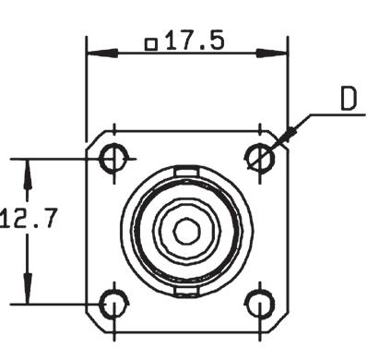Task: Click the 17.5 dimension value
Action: (195, 41)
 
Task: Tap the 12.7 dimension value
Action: (29, 218)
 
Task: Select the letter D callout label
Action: (349, 99)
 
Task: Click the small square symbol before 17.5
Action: (151, 44)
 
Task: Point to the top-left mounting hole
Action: (114, 159)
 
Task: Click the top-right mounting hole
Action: (260, 159)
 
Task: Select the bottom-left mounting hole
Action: (114, 305)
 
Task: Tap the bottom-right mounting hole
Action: (260, 305)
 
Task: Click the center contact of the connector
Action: (187, 232)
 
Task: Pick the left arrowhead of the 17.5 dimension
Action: (102, 54)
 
